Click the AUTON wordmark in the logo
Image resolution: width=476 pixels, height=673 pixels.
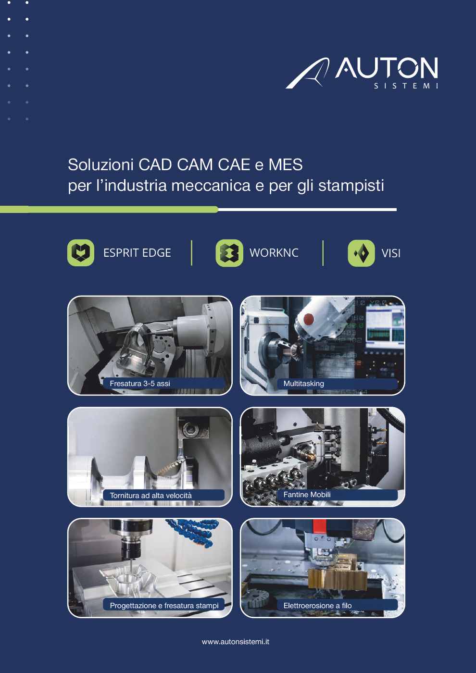pos(386,68)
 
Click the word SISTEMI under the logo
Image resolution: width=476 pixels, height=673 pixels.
pos(406,86)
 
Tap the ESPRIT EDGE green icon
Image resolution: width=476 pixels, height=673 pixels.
pos(81,253)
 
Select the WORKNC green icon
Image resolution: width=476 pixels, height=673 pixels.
pos(229,253)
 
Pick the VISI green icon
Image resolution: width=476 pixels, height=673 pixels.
pos(361,253)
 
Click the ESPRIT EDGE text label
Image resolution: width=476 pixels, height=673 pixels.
pos(137,253)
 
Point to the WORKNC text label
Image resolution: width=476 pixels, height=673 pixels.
pos(274,253)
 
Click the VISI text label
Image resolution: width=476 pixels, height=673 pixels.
pos(390,253)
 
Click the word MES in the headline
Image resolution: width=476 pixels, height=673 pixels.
pos(285,165)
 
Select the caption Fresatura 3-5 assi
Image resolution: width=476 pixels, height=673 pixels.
pos(139,384)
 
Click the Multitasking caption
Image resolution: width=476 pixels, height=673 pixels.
pos(303,384)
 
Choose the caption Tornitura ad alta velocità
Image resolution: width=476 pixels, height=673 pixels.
pos(150,496)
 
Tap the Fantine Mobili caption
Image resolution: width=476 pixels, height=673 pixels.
pos(307,495)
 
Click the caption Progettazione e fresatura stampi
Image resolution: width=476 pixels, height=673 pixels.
pos(164,606)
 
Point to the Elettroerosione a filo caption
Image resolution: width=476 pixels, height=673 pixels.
pos(317,606)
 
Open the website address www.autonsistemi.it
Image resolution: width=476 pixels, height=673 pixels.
pos(236,642)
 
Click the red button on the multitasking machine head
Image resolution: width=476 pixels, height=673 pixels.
pos(308,318)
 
